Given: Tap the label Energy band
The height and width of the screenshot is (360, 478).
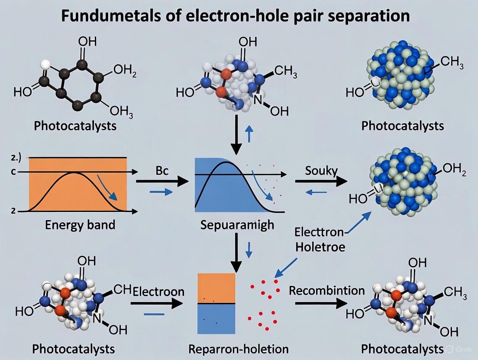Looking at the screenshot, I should pyautogui.click(x=81, y=225).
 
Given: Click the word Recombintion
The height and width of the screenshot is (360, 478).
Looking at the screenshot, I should pyautogui.click(x=327, y=290).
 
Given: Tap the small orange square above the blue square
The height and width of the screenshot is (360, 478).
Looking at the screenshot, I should pyautogui.click(x=216, y=287).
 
